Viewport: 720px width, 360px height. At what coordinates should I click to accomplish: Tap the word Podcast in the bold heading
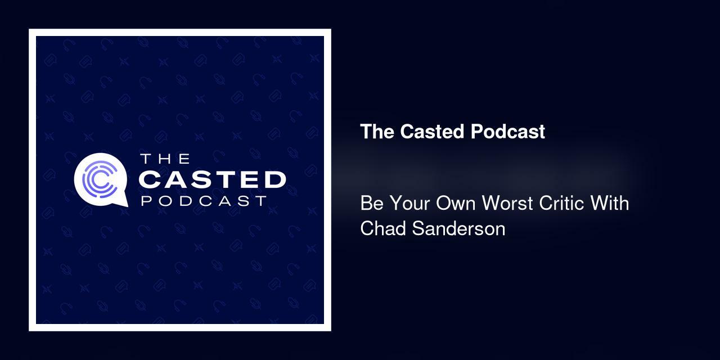pyautogui.click(x=508, y=132)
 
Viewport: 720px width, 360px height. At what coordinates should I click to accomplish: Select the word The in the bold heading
pyautogui.click(x=378, y=132)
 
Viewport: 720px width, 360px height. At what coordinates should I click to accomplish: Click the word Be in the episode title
pyautogui.click(x=371, y=203)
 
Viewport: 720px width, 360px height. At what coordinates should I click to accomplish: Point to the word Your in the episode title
pyautogui.click(x=409, y=203)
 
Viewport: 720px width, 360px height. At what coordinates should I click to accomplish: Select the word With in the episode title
pyautogui.click(x=609, y=203)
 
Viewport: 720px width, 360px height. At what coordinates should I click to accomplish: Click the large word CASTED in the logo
pyautogui.click(x=213, y=180)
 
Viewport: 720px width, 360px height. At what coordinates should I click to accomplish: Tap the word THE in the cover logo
pyautogui.click(x=165, y=159)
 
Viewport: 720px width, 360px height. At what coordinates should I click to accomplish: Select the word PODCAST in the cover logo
pyautogui.click(x=204, y=201)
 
